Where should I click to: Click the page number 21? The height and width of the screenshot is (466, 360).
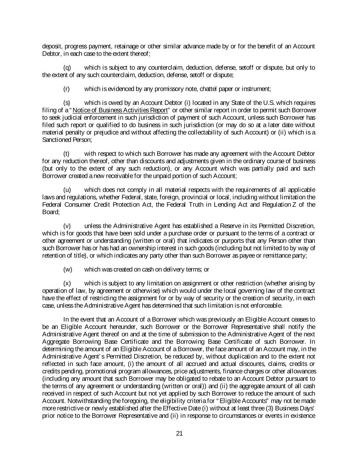pyautogui.click(x=180, y=434)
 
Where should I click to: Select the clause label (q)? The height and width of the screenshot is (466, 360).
pyautogui.click(x=67, y=68)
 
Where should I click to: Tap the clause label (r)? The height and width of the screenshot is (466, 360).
pyautogui.click(x=67, y=89)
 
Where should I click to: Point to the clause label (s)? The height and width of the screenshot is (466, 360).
pyautogui.click(x=67, y=103)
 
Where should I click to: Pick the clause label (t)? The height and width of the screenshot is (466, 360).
pyautogui.click(x=67, y=154)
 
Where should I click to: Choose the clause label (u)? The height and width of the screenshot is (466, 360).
pyautogui.click(x=67, y=190)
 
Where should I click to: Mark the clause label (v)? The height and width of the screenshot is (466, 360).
pyautogui.click(x=67, y=226)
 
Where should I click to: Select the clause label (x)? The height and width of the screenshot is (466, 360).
pyautogui.click(x=67, y=283)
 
